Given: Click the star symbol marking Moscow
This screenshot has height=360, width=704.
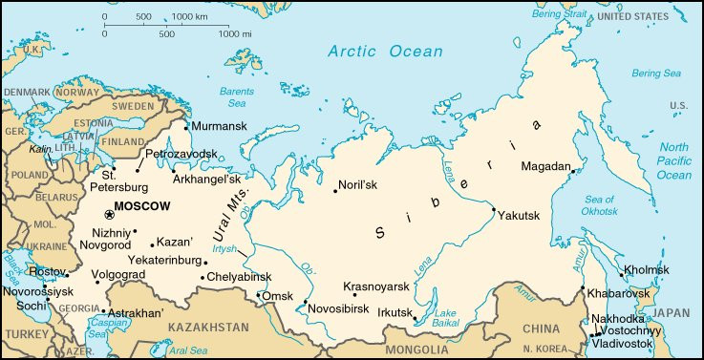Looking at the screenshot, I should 108,215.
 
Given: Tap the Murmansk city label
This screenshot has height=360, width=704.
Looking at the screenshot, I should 219,126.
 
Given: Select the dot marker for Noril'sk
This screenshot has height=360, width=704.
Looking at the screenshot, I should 335,191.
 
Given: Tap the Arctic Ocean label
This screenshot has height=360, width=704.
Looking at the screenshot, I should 385,52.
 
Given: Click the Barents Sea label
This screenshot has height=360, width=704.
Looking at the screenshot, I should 237,96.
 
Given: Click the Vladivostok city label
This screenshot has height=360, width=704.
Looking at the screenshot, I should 622,343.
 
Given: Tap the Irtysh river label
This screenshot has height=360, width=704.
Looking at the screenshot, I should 224,248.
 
